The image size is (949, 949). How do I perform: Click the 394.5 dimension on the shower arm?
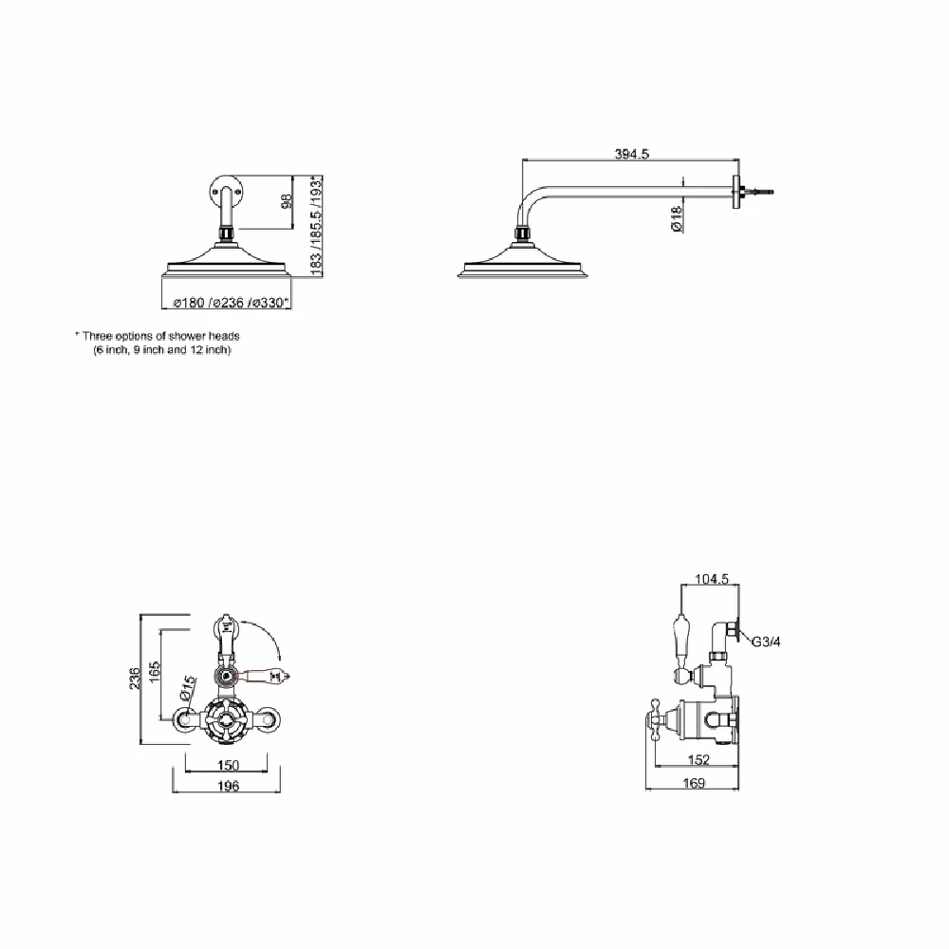[631, 154]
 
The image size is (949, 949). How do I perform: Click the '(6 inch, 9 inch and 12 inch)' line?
[162, 350]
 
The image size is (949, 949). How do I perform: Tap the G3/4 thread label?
[766, 642]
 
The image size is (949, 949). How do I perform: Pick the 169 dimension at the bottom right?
[694, 784]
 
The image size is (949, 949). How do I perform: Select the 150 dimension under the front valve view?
[227, 765]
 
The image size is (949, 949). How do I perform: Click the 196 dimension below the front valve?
[227, 785]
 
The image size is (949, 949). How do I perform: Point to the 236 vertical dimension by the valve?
[136, 679]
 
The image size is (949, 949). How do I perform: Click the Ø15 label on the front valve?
[188, 686]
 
